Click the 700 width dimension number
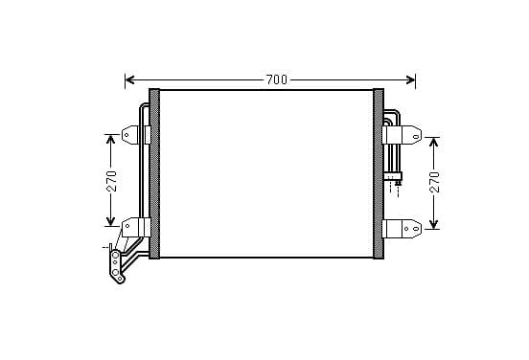(277, 79)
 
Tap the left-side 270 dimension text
(112, 181)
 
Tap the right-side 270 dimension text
(435, 182)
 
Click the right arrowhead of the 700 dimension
(410, 79)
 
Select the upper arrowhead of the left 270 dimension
(110, 139)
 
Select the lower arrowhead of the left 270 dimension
(110, 221)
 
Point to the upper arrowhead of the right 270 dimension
(433, 142)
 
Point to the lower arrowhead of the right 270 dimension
(433, 224)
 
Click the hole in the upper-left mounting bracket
(126, 136)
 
